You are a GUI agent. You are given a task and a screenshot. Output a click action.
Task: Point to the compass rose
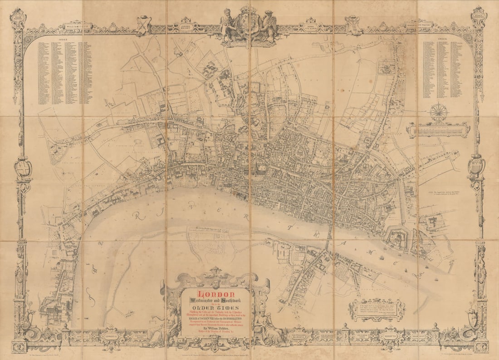click(439, 112)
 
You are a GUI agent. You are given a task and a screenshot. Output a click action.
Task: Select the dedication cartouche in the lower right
click(377, 310)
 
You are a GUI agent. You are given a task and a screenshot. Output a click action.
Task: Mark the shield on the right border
click(476, 166)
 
